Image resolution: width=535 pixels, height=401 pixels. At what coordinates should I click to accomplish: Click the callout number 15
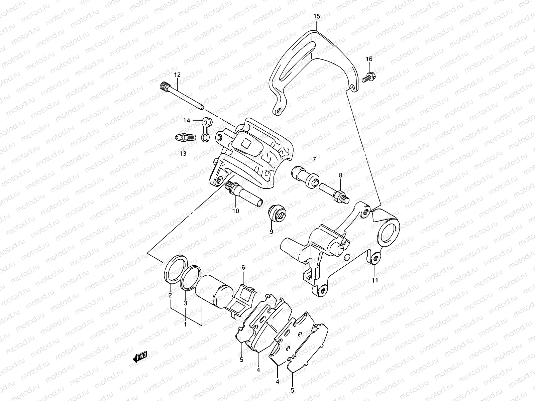[x=317, y=16]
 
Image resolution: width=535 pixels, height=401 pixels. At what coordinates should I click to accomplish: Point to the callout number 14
[x=186, y=120]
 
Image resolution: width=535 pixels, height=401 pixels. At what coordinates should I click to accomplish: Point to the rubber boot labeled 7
[x=305, y=176]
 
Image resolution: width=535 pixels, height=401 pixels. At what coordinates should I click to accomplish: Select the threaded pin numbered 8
[x=334, y=194]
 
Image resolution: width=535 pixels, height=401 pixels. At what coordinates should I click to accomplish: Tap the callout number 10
[x=236, y=211]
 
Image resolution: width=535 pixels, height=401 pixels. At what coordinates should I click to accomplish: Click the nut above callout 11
[x=375, y=258]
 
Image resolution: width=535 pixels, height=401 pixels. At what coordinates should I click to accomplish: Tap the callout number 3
[x=186, y=303]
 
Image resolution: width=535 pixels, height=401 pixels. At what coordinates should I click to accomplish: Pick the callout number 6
[x=243, y=267]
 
